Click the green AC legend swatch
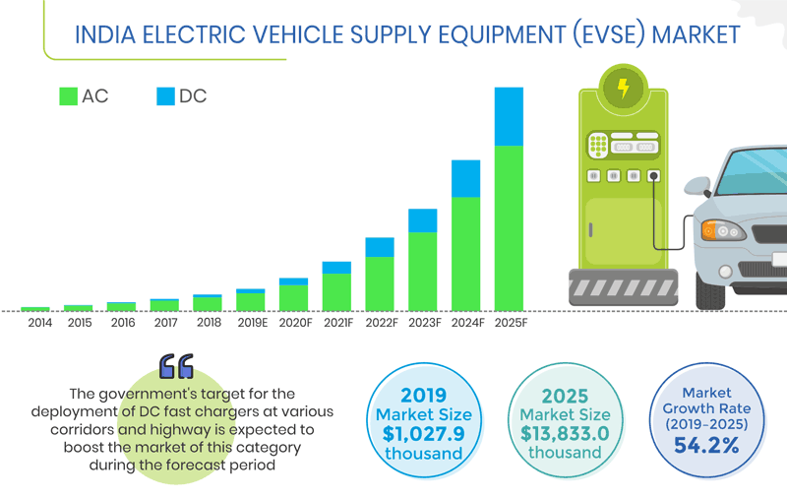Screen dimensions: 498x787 [68, 96]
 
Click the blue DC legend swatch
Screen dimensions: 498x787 [165, 96]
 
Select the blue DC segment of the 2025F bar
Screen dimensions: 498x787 [509, 116]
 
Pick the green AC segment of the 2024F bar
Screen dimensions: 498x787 [465, 253]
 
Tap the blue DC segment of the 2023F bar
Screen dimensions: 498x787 [422, 220]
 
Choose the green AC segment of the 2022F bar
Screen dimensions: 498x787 [379, 283]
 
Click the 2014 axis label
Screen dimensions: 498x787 [40, 323]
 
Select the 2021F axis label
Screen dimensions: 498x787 [336, 323]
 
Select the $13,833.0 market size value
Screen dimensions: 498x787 [564, 432]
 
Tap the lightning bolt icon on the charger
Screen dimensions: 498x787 [622, 89]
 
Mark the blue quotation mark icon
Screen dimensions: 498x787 [177, 366]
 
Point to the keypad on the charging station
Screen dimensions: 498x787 [597, 147]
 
